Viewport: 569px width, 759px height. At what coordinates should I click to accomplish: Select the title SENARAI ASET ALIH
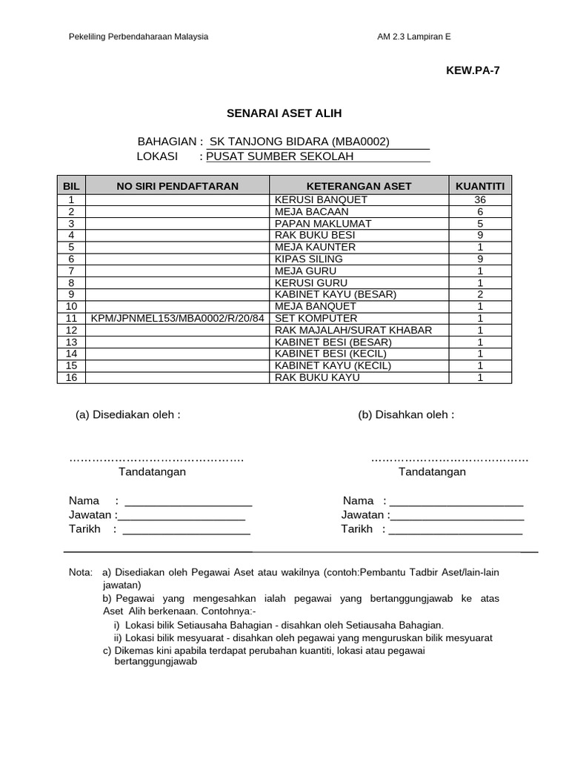(x=284, y=113)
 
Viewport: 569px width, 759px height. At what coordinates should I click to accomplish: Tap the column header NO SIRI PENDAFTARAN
(x=177, y=186)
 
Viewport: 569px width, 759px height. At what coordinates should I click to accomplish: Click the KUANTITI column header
(x=480, y=186)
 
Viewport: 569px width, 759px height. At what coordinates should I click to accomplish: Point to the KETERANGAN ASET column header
(x=359, y=186)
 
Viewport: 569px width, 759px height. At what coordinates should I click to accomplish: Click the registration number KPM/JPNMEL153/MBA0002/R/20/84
(x=177, y=318)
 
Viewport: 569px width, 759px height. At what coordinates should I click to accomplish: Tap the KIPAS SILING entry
(x=308, y=259)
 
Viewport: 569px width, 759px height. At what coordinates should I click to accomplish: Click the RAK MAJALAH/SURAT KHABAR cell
(x=353, y=330)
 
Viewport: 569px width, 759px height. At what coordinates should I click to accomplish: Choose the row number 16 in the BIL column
(x=71, y=377)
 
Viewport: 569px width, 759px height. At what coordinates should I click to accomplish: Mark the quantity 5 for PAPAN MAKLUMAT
(x=480, y=223)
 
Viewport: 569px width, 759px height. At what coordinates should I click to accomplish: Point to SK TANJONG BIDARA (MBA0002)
(x=299, y=142)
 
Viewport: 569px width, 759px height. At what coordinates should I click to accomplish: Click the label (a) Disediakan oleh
(x=127, y=414)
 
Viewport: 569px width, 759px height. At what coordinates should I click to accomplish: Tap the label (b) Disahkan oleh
(x=406, y=414)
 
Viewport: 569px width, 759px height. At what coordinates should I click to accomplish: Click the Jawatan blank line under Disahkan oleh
(x=457, y=515)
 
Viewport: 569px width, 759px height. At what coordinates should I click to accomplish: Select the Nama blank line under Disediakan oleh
(x=188, y=502)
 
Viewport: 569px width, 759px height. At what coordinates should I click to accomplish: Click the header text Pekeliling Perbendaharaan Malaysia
(x=139, y=36)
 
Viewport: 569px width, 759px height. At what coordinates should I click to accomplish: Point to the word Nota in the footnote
(x=80, y=573)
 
